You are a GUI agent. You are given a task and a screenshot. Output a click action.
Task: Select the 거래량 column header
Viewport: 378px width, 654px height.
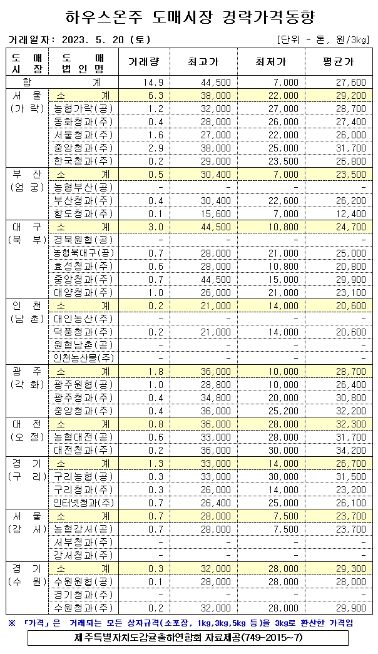pos(144,62)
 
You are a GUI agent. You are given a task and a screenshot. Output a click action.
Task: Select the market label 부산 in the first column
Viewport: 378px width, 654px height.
pos(27,174)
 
